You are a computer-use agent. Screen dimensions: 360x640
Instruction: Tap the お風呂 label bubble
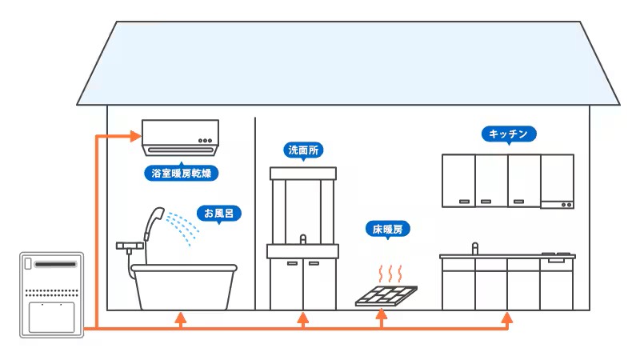[x=219, y=214]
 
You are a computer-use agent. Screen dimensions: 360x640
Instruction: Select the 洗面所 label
[x=303, y=150]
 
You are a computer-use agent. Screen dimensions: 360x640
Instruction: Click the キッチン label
[x=509, y=134]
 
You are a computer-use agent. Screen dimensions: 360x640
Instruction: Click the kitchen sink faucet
[x=474, y=248]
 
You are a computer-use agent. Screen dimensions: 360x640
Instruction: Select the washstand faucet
[x=303, y=239]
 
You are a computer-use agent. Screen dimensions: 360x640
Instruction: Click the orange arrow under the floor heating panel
[x=382, y=318]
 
